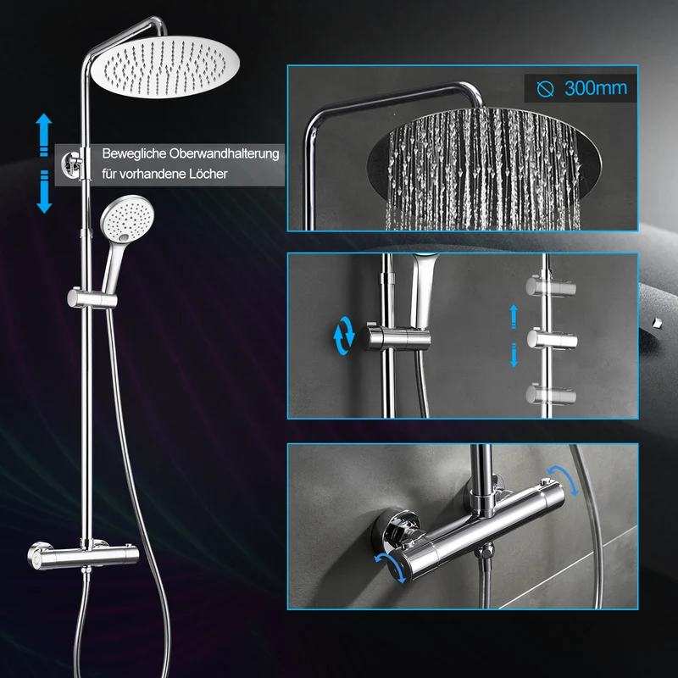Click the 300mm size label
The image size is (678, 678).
click(x=596, y=88)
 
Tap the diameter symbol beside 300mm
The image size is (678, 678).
click(x=545, y=89)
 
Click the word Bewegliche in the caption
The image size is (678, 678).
click(x=134, y=153)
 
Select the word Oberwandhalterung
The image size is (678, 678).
click(x=224, y=153)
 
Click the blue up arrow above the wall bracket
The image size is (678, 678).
click(x=44, y=134)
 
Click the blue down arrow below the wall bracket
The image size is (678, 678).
click(x=44, y=192)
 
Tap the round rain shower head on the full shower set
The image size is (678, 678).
click(x=165, y=67)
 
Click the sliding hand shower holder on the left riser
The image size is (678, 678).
click(x=92, y=298)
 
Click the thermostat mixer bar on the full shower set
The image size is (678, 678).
click(x=83, y=554)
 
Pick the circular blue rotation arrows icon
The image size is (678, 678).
click(x=344, y=336)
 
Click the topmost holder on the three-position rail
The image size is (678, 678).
click(x=550, y=286)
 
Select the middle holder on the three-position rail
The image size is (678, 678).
click(x=553, y=339)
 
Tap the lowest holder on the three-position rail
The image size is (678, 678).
click(x=550, y=394)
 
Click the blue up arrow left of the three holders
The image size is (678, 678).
click(x=514, y=316)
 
